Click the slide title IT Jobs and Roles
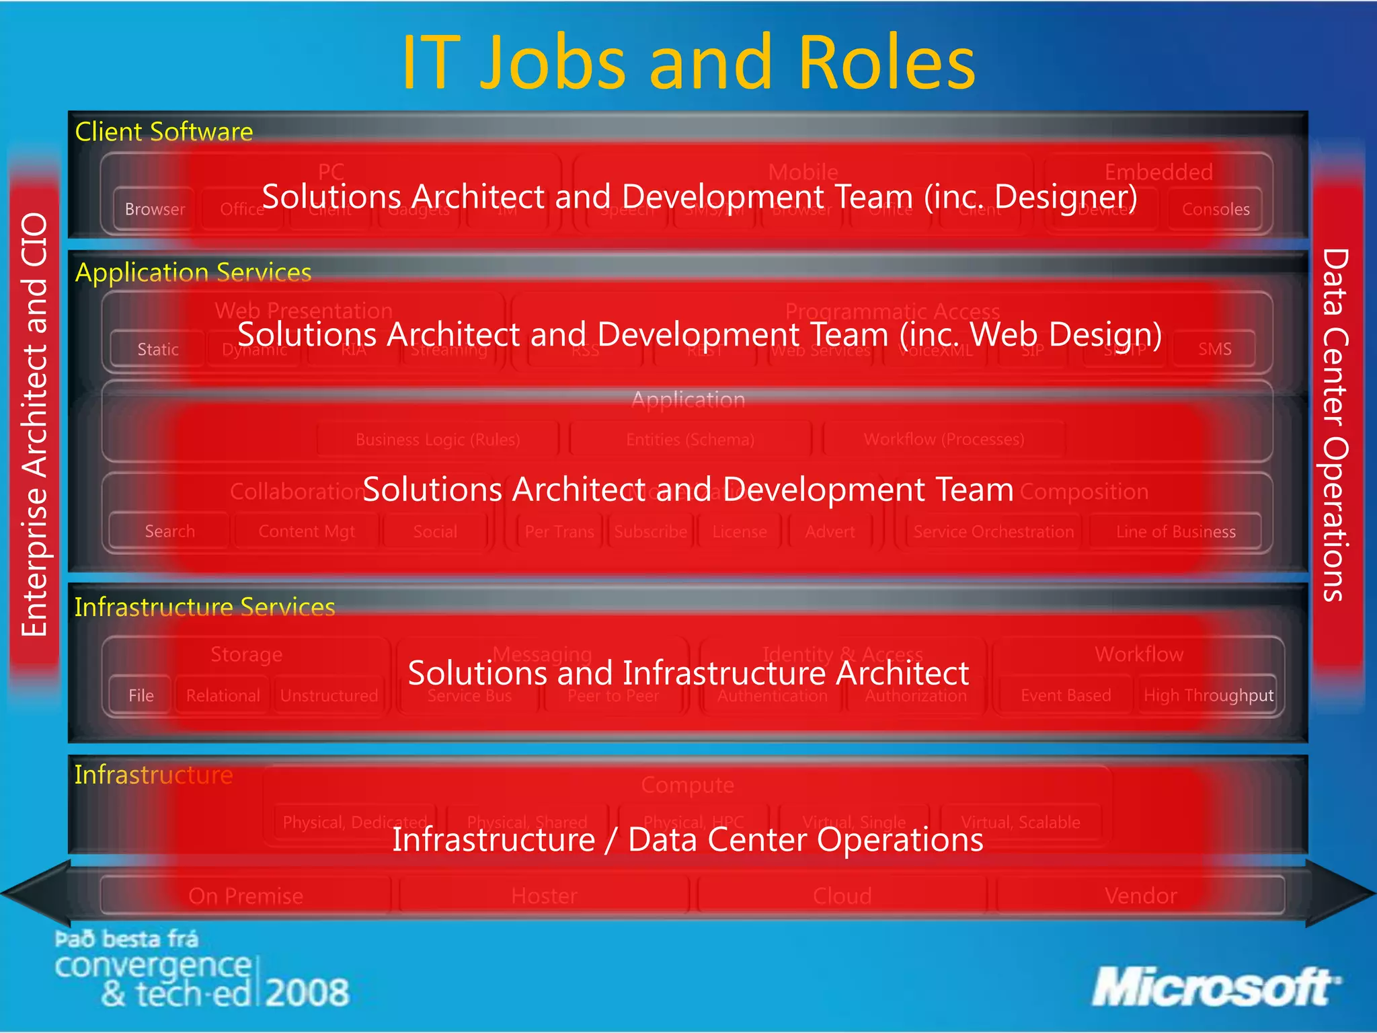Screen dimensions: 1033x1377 pos(688,62)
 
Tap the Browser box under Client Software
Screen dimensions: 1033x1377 pos(155,209)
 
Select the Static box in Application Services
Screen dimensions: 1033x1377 pos(158,349)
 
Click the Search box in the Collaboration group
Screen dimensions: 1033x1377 pos(169,531)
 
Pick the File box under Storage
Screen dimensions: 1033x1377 pos(141,695)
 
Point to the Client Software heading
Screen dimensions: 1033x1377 pos(164,131)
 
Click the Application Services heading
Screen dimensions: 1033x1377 pos(193,272)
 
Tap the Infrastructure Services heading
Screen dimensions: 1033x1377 pos(204,607)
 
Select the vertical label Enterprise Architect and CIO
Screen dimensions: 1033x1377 pos(34,425)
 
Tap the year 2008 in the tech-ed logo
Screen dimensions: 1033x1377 pos(307,993)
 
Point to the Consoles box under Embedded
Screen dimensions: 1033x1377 pos(1216,209)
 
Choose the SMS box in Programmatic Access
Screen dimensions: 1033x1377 pos(1215,349)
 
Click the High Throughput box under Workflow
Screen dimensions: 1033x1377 pos(1208,695)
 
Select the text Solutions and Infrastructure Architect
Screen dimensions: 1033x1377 pos(688,673)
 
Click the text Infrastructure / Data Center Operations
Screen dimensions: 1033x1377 pos(688,839)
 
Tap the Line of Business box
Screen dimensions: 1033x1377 pos(1175,532)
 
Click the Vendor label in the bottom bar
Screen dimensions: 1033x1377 pos(1140,896)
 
